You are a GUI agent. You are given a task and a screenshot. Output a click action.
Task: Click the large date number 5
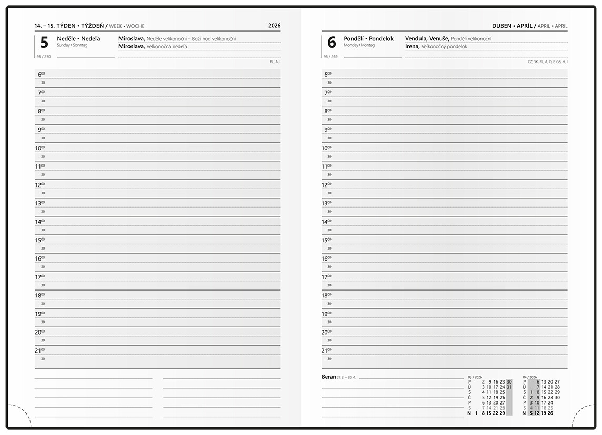[44, 43]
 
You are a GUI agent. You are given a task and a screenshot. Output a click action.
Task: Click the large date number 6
[331, 43]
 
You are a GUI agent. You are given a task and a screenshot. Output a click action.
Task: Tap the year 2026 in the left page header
[274, 26]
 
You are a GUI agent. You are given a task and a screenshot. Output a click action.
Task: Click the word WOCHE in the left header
[135, 26]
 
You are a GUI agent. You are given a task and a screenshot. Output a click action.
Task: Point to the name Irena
[412, 46]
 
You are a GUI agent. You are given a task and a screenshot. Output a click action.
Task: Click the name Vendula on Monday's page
[416, 39]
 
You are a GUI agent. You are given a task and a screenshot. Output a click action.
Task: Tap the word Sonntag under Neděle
[81, 45]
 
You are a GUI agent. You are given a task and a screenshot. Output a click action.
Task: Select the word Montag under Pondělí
[368, 45]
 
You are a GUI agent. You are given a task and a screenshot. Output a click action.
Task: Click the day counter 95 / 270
[43, 56]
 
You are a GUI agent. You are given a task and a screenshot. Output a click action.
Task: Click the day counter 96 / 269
[330, 56]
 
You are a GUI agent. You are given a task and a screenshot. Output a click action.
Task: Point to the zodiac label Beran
[328, 377]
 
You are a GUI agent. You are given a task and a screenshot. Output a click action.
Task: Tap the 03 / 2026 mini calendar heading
[474, 377]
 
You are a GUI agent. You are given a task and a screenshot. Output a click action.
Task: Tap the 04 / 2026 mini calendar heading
[529, 377]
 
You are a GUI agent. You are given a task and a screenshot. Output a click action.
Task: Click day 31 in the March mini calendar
[509, 387]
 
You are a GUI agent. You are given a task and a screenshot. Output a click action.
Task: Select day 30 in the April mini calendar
[557, 398]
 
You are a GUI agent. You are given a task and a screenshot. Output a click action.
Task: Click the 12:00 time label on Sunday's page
[39, 185]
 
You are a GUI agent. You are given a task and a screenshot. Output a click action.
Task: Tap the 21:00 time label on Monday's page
[326, 350]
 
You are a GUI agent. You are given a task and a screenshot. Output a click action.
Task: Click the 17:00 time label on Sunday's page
[39, 277]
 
